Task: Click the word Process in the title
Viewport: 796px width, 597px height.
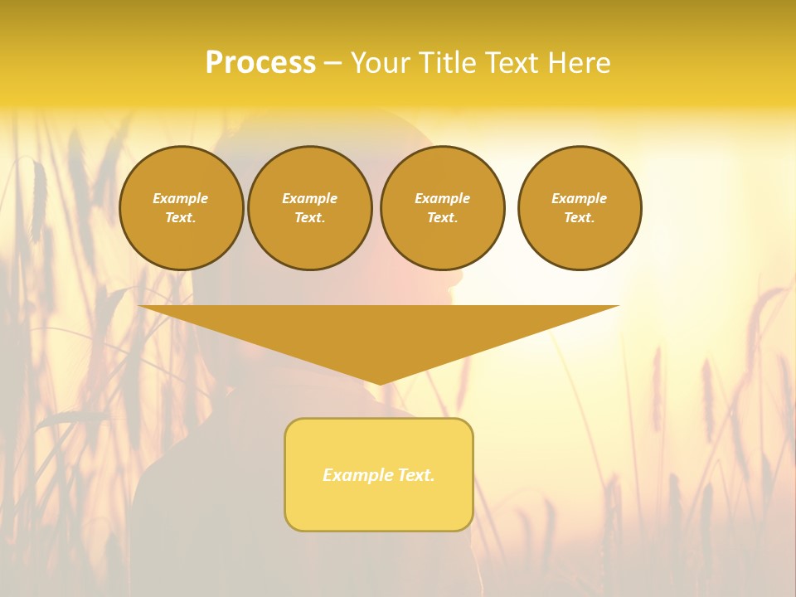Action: click(260, 63)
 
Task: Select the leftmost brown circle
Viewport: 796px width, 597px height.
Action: click(182, 208)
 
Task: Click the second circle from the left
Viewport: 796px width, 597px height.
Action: click(310, 208)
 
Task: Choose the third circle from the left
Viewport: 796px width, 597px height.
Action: click(443, 208)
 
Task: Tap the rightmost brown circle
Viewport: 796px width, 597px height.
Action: click(580, 208)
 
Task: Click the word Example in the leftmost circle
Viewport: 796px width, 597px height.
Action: click(181, 198)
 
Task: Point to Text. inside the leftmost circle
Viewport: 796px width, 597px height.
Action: click(181, 218)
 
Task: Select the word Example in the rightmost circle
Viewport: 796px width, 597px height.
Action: click(579, 198)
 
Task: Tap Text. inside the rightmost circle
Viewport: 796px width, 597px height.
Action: click(579, 218)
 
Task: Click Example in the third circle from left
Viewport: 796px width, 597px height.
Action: click(442, 198)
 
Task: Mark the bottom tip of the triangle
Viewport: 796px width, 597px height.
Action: click(380, 383)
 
